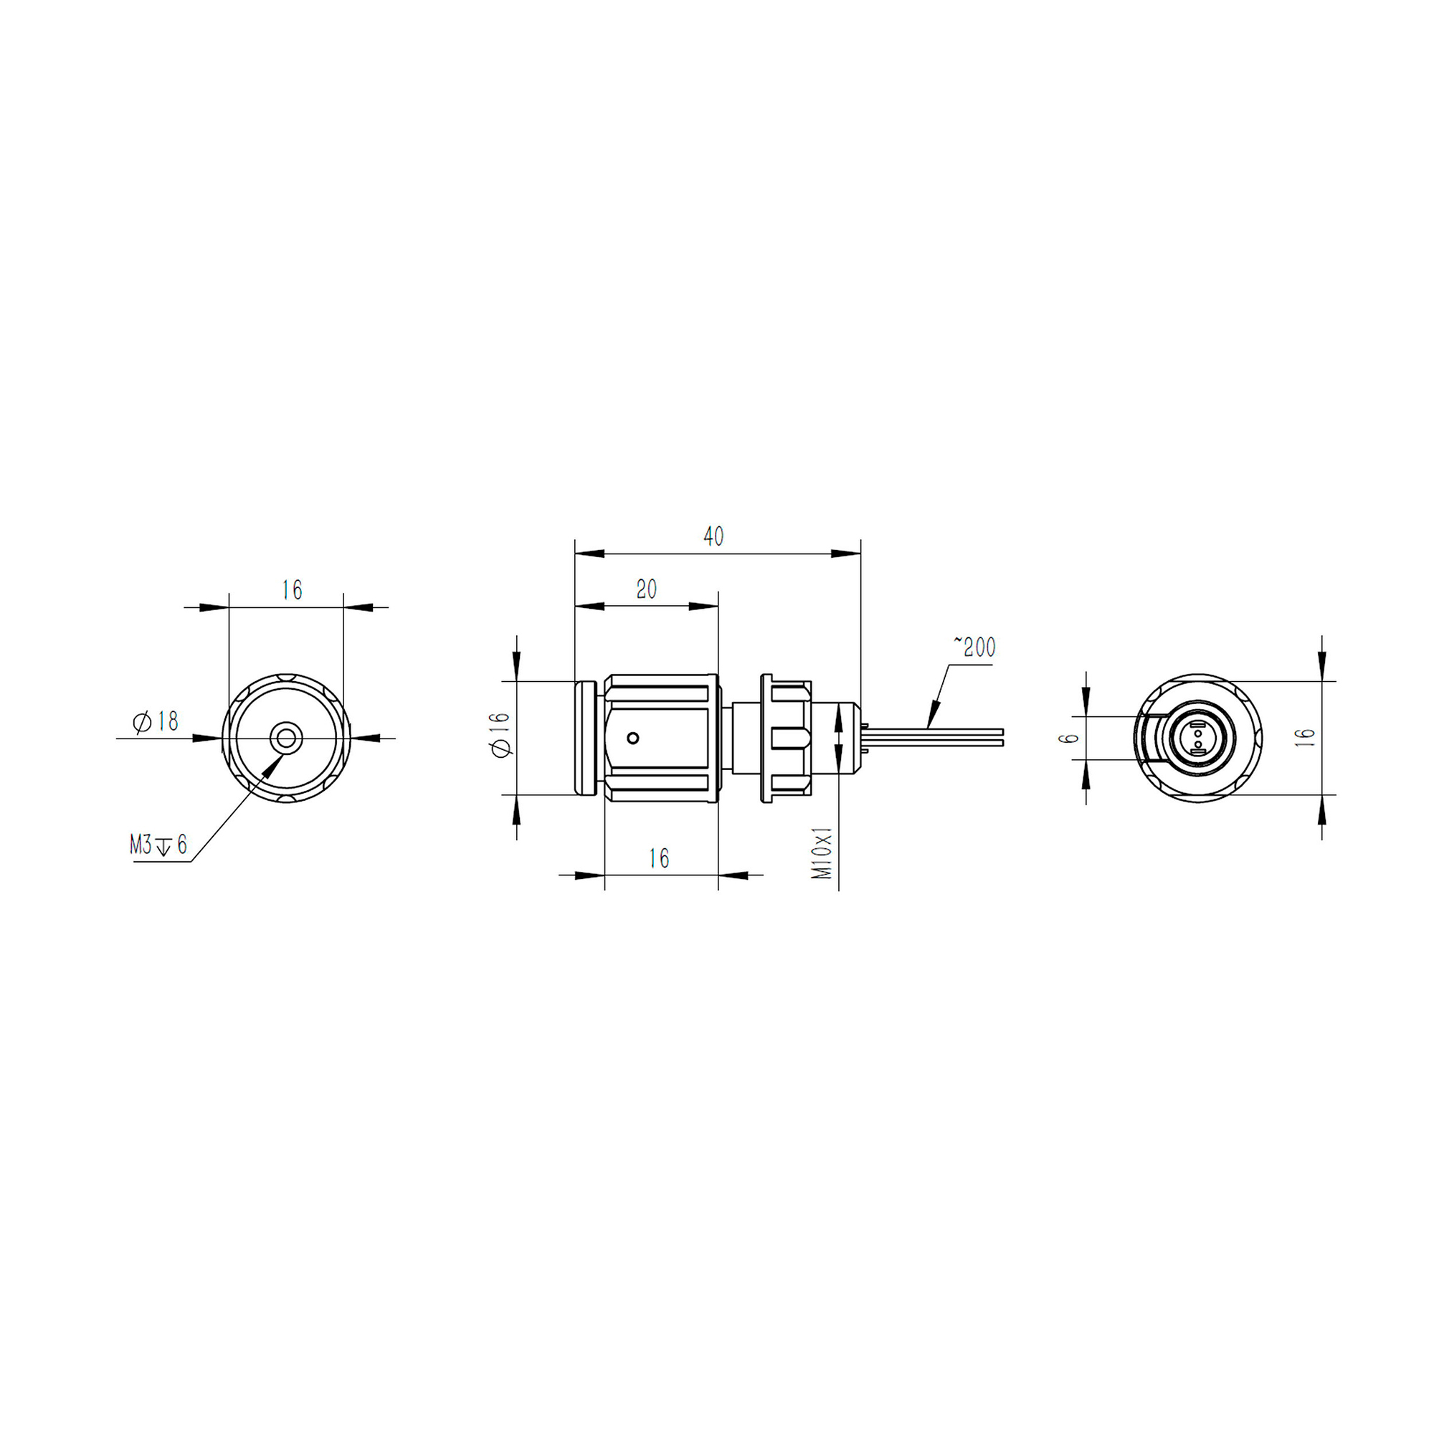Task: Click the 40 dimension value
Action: pyautogui.click(x=713, y=536)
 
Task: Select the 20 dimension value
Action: pyautogui.click(x=647, y=589)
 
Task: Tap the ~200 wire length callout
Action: pyautogui.click(x=974, y=647)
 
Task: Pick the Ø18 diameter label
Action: pyautogui.click(x=156, y=721)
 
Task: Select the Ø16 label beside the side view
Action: pyautogui.click(x=500, y=735)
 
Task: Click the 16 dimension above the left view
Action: pyautogui.click(x=292, y=590)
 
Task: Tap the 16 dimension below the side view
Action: pyautogui.click(x=659, y=859)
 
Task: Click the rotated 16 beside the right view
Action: pyautogui.click(x=1305, y=737)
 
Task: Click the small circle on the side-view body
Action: pyautogui.click(x=633, y=738)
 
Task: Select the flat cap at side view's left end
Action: pyautogui.click(x=586, y=738)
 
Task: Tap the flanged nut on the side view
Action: pyautogui.click(x=787, y=738)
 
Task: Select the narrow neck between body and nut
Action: pyautogui.click(x=745, y=738)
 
